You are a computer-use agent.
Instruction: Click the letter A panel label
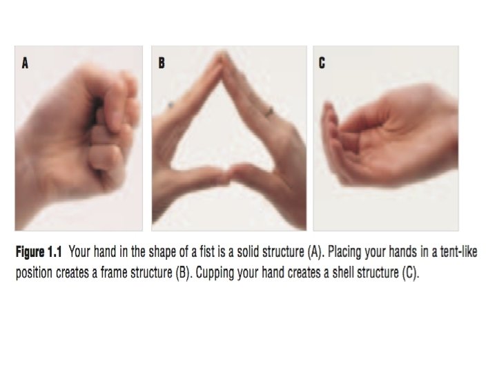point(25,63)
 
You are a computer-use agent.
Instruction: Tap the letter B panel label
point(162,63)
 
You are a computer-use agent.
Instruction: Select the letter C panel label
point(322,63)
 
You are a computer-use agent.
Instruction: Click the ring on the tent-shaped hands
point(269,112)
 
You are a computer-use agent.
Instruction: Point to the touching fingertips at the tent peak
point(224,57)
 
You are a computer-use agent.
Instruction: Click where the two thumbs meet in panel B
point(229,175)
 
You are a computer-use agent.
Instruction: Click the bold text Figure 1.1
point(39,253)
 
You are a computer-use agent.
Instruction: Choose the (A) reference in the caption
point(315,253)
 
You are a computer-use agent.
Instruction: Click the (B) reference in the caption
point(184,273)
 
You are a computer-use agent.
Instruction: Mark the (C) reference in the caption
point(411,273)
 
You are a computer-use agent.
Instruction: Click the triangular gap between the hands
point(222,133)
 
